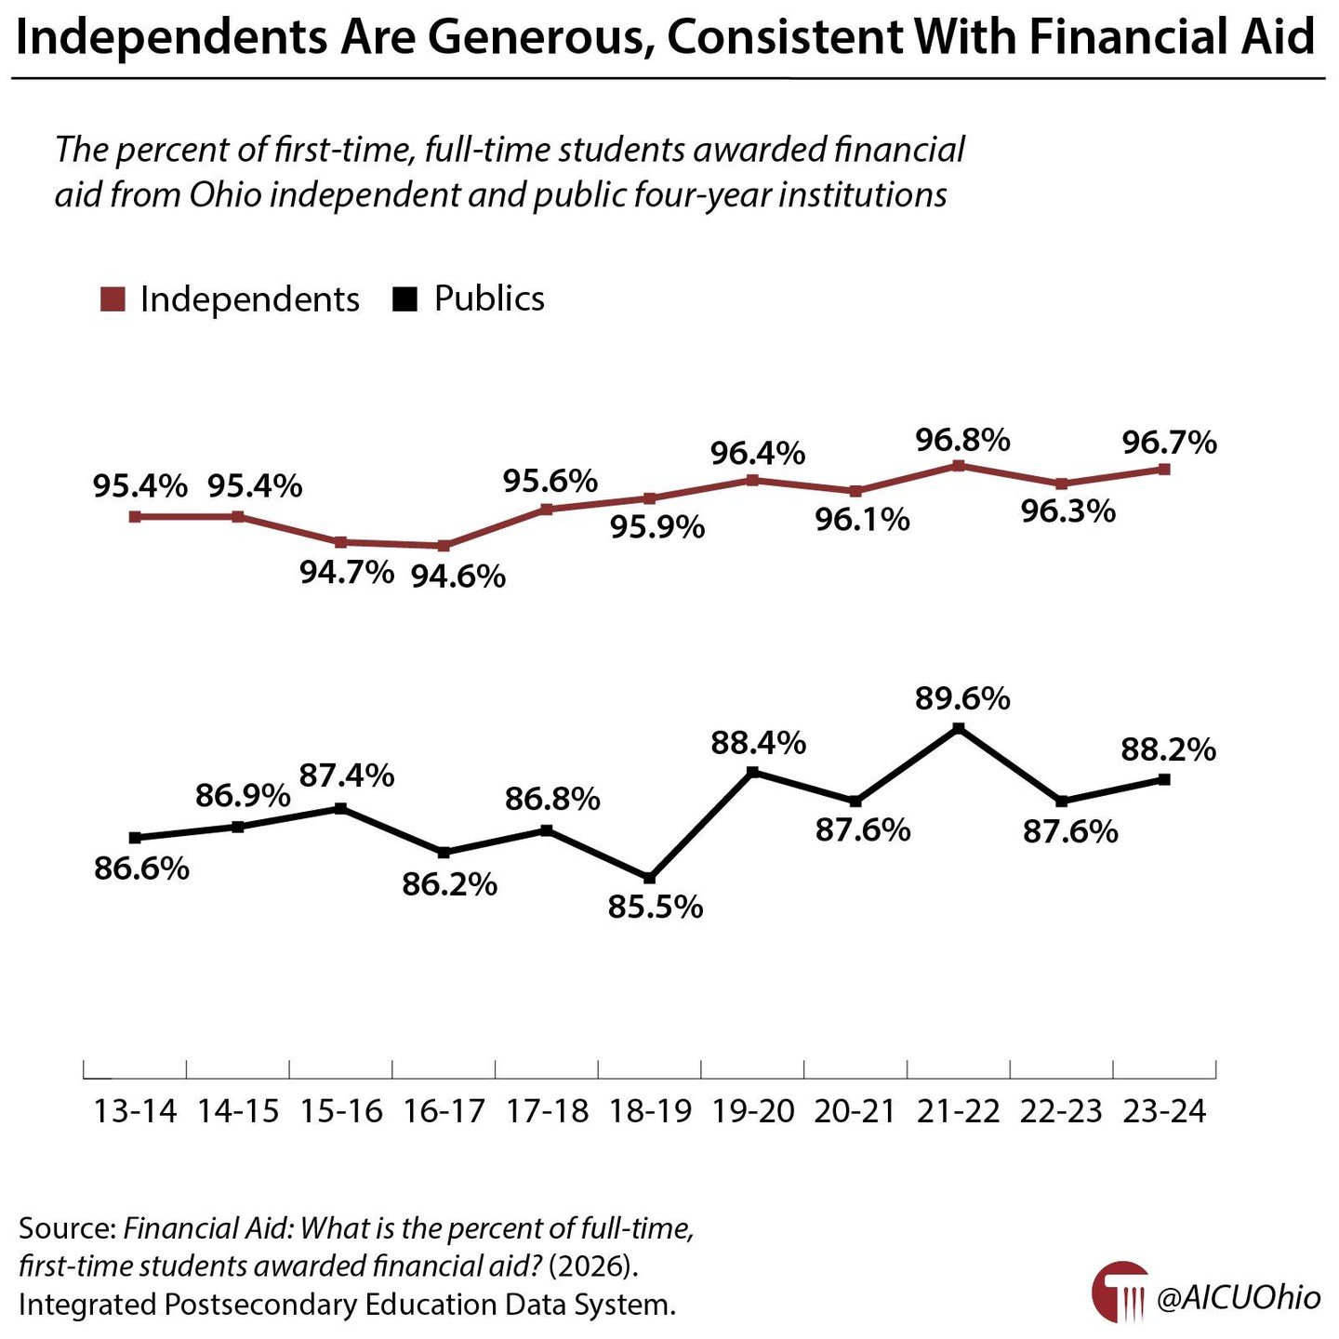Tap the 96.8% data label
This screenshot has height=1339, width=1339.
point(962,440)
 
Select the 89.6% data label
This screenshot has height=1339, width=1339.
point(962,698)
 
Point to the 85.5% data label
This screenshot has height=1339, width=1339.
point(656,907)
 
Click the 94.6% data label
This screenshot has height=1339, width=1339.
point(458,577)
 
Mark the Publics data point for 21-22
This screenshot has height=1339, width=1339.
point(959,729)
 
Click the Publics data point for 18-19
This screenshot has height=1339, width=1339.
point(649,878)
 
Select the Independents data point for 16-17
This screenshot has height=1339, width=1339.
point(444,546)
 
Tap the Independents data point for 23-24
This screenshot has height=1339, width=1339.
point(1164,470)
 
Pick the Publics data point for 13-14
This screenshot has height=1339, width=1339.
point(135,838)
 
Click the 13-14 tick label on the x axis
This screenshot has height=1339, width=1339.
point(135,1111)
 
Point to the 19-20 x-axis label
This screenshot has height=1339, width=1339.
point(752,1111)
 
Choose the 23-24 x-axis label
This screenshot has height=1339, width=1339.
point(1164,1111)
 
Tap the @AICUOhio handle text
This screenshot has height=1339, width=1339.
point(1238,1298)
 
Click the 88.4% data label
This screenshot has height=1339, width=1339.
point(758,743)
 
